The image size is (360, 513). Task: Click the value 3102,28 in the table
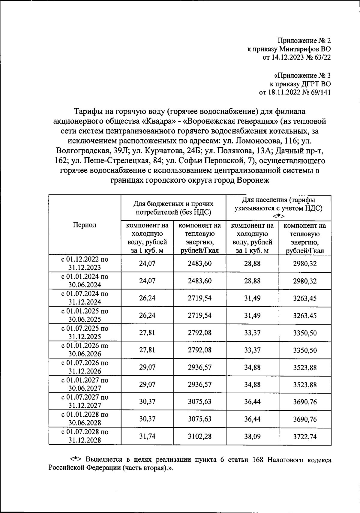coord(199,436)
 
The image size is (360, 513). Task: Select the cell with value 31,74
coord(147,436)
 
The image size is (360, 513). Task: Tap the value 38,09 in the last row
coord(252,436)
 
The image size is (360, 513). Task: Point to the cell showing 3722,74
coord(305,436)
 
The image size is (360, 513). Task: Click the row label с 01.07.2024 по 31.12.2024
coord(85,298)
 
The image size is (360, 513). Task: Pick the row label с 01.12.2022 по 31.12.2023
coord(85,263)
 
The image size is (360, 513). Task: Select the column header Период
coord(85,225)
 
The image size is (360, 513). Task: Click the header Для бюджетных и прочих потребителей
coord(173,208)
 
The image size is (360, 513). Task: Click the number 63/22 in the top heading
coord(320,57)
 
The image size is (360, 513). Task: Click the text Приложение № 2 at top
coord(304,40)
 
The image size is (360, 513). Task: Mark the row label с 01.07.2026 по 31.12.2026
coord(85,367)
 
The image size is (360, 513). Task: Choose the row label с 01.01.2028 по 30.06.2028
coord(85,419)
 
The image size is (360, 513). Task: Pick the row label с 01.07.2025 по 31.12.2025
coord(85,332)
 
